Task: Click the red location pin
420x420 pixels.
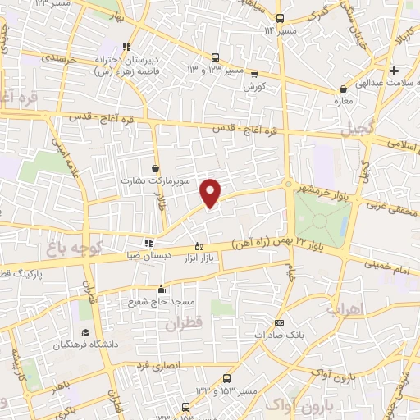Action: tap(212, 191)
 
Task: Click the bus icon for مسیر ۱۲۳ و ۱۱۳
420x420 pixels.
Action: tap(216, 58)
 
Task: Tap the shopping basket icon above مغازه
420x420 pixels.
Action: tap(342, 89)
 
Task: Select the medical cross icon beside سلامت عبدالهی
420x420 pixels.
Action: tap(395, 71)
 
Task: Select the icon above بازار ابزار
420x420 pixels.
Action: tap(197, 244)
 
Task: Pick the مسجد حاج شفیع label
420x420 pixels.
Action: tap(155, 300)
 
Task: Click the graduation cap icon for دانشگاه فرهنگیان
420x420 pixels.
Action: tap(85, 333)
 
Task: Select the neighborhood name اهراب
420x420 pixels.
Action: tap(343, 309)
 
